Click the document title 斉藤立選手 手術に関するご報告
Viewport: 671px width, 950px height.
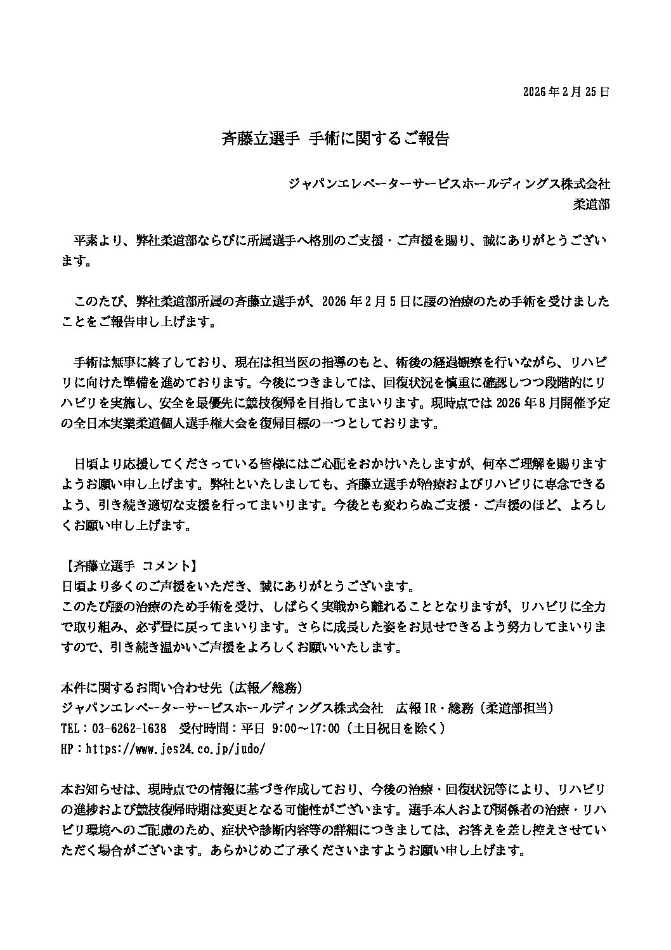click(335, 139)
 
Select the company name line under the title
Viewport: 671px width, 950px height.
click(449, 184)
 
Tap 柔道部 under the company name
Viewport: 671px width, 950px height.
click(591, 204)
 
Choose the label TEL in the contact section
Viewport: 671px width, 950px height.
click(70, 728)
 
